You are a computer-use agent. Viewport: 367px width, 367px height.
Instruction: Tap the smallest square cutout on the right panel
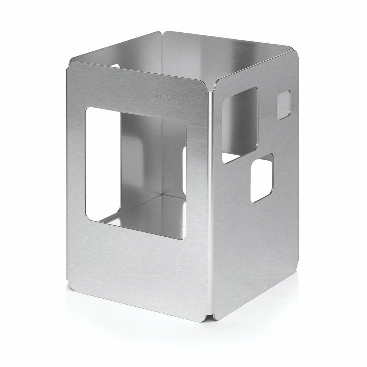point(284,105)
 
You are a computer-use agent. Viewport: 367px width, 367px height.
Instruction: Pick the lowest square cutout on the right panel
point(262,178)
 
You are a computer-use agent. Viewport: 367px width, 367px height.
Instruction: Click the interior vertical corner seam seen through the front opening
point(162,158)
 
